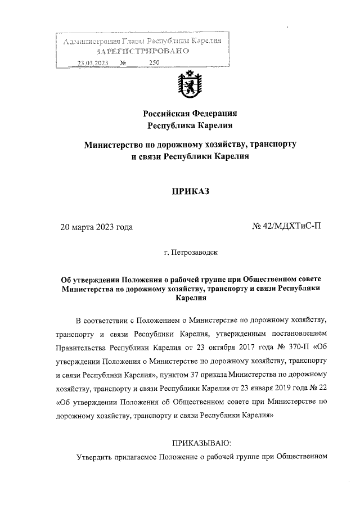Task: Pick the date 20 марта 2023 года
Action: [x=97, y=228]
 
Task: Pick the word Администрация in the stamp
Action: [x=90, y=42]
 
